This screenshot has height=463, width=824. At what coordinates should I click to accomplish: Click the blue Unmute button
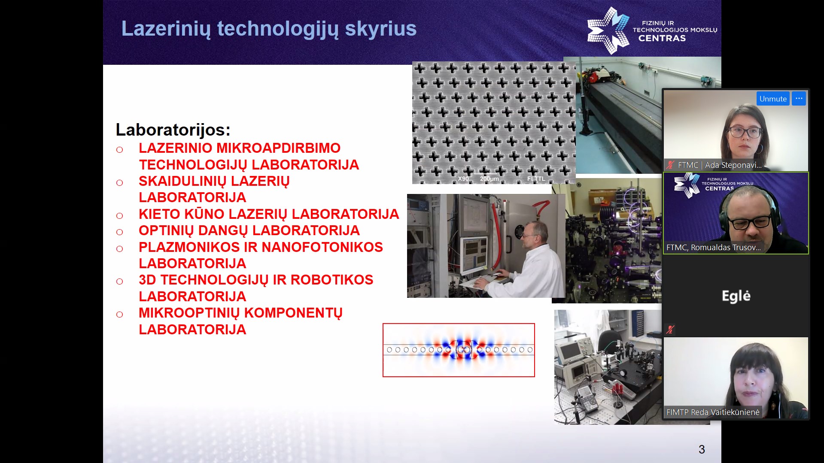773,99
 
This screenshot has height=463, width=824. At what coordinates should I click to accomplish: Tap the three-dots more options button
799,99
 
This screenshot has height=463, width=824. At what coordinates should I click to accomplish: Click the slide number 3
702,449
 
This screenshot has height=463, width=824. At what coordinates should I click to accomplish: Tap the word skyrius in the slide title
380,29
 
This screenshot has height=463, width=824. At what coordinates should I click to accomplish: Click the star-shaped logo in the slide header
608,30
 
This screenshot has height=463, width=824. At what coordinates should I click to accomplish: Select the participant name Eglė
736,296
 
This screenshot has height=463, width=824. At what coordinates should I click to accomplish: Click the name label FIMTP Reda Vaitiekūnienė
713,412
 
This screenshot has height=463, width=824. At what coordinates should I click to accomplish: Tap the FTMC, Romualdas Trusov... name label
713,248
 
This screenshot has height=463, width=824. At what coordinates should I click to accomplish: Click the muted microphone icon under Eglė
670,330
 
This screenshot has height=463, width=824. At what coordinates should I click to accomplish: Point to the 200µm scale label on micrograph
489,179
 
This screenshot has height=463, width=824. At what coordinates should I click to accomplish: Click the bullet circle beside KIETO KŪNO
119,216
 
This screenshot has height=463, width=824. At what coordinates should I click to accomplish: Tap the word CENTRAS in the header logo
662,38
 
